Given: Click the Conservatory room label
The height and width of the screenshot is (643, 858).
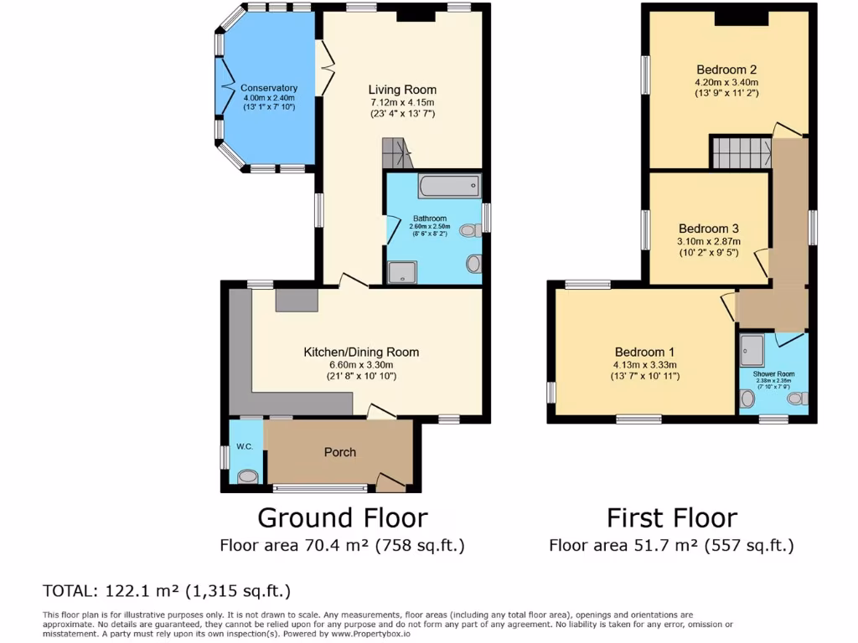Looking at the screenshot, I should point(268,88).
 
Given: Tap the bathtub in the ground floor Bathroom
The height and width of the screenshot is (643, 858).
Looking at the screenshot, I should point(449,185).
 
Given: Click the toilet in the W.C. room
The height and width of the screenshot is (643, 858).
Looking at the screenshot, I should point(247,477).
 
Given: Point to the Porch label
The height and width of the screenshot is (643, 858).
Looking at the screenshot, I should point(340,452).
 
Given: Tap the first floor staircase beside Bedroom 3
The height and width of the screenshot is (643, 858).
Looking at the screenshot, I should point(742,153).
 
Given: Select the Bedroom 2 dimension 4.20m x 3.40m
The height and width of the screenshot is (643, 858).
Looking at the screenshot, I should point(726,83).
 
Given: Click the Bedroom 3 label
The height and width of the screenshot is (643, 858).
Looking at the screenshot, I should point(709,229).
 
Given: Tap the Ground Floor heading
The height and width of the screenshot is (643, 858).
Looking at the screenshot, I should point(342,517).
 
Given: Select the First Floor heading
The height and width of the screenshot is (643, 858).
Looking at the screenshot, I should point(672,517).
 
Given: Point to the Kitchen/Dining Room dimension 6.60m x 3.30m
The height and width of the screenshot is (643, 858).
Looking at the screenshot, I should point(361,365).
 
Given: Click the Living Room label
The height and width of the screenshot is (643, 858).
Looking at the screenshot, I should point(402,90).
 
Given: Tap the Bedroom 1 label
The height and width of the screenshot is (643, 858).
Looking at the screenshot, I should point(644,352).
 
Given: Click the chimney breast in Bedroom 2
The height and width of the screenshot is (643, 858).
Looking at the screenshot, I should point(742,18).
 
